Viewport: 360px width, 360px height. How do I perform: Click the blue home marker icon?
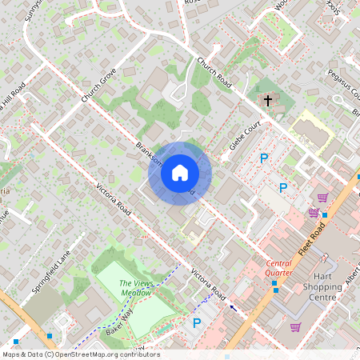[179, 173]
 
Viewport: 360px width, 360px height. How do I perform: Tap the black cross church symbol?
[268, 100]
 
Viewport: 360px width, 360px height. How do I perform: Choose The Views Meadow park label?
[135, 289]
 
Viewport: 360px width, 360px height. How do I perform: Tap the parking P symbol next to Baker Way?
[197, 323]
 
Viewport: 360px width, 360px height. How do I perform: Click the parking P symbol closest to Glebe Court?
[263, 158]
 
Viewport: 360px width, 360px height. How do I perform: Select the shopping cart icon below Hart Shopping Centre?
[296, 326]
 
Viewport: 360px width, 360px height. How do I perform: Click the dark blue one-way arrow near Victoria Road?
[233, 306]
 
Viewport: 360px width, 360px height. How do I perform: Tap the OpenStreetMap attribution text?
[81, 354]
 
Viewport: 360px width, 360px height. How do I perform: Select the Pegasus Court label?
[343, 84]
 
